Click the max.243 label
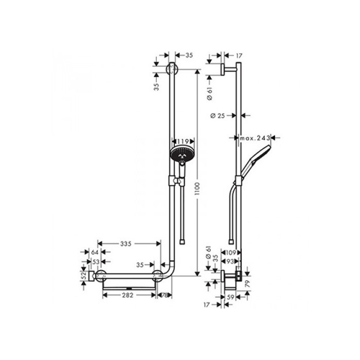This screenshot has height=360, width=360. (x=255, y=138)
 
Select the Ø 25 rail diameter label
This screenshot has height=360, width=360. (x=219, y=116)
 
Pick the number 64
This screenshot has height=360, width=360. (x=94, y=253)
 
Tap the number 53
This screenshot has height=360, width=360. (x=96, y=262)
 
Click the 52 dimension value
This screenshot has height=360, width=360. (x=83, y=276)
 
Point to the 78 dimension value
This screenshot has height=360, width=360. (x=166, y=295)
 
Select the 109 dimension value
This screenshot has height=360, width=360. (x=230, y=253)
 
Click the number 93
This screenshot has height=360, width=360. (x=232, y=262)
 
